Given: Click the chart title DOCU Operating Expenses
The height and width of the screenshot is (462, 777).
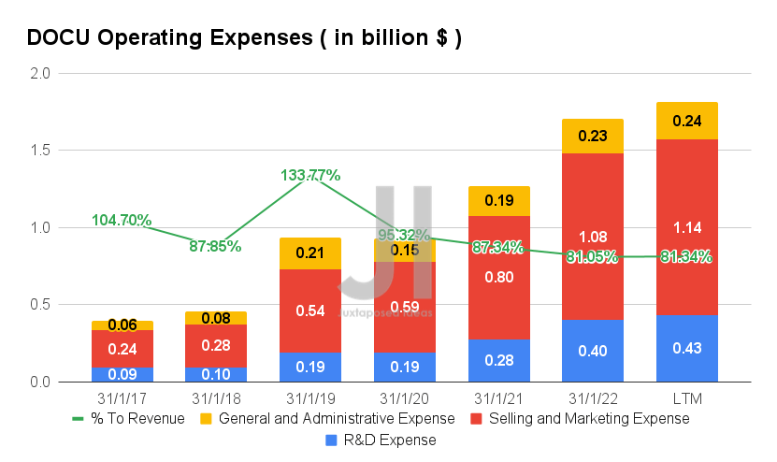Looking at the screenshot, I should [x=243, y=38].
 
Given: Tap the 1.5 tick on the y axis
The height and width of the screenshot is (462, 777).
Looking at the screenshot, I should [x=40, y=151].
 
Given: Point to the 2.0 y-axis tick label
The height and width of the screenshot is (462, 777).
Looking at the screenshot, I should [x=40, y=73].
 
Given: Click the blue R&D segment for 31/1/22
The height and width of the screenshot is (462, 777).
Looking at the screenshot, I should [x=593, y=351].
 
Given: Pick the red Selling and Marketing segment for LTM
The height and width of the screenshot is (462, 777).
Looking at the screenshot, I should [x=686, y=227].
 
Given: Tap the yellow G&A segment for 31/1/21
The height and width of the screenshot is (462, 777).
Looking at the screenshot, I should [x=498, y=200].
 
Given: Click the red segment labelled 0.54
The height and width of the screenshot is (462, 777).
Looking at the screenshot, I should [x=309, y=310].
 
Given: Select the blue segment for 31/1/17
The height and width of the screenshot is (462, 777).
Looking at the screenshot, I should [x=122, y=374].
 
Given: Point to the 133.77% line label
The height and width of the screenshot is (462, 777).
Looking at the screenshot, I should [x=310, y=175].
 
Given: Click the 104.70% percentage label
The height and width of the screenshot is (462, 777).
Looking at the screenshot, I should [x=122, y=220].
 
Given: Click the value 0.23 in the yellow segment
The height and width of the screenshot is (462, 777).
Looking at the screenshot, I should [x=593, y=135].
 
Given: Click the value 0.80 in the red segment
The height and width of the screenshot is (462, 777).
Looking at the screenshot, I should [x=498, y=277].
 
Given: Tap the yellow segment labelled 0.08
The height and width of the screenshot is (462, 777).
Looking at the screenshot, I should [x=216, y=318].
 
